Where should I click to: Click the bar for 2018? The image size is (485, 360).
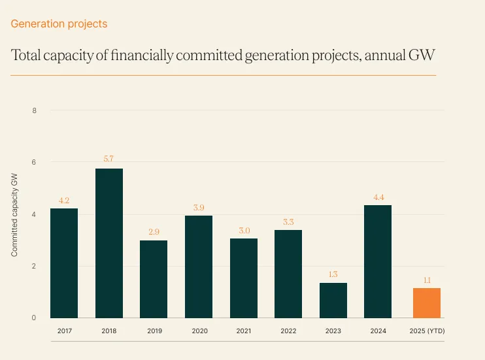[109, 243]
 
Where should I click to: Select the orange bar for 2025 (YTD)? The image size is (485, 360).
[426, 303]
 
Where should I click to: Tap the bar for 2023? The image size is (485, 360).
[333, 301]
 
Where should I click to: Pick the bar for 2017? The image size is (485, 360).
[64, 263]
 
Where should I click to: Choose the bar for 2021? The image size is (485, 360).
[243, 278]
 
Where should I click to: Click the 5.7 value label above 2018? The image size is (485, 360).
[109, 159]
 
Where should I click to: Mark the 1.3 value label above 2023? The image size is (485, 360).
[333, 274]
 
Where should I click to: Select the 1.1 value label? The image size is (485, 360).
[426, 279]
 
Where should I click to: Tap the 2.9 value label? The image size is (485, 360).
[154, 231]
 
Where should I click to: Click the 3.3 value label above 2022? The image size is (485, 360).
[288, 221]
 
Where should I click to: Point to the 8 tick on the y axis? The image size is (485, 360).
[34, 110]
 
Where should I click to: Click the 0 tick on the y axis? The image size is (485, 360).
[34, 318]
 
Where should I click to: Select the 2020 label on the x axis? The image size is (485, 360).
[199, 331]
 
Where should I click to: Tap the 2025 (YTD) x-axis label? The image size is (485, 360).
[426, 331]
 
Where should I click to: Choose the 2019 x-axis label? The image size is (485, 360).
[154, 331]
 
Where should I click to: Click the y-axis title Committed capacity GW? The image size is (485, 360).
[14, 214]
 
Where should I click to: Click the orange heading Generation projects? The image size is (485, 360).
[59, 24]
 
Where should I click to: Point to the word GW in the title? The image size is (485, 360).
[422, 56]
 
